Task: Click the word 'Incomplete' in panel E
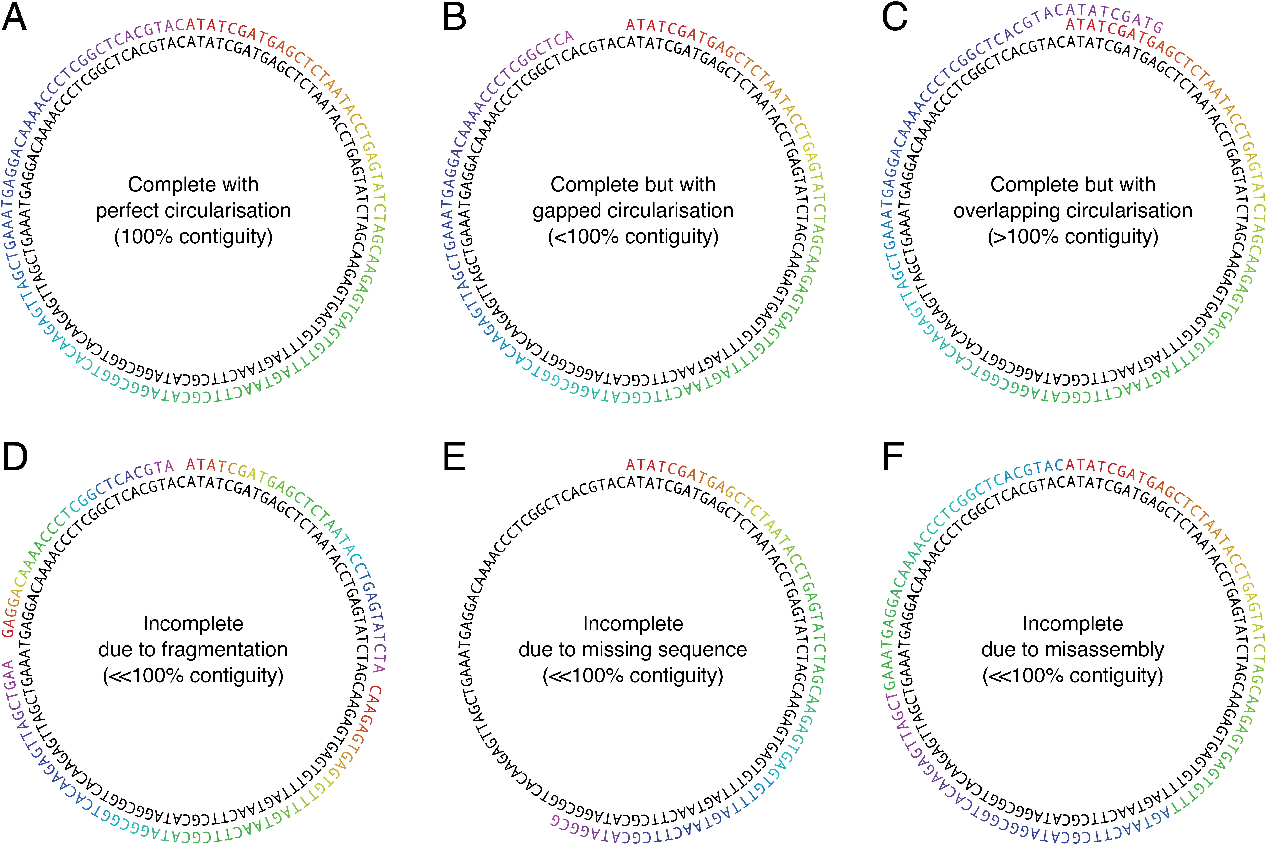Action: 633,624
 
